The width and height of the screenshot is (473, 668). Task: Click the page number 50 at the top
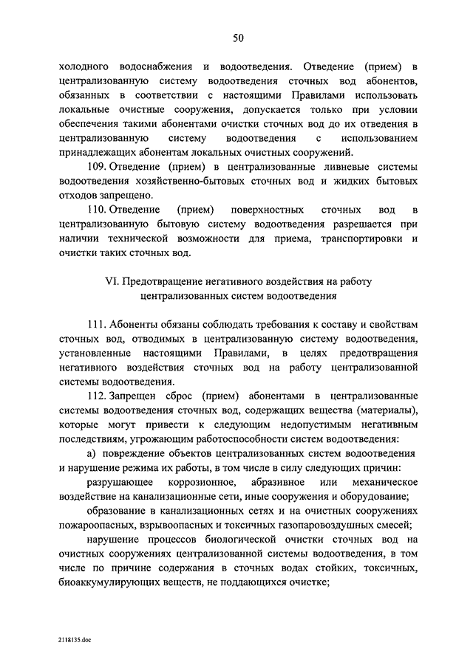pos(237,38)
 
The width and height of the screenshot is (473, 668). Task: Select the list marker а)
pos(92,452)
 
